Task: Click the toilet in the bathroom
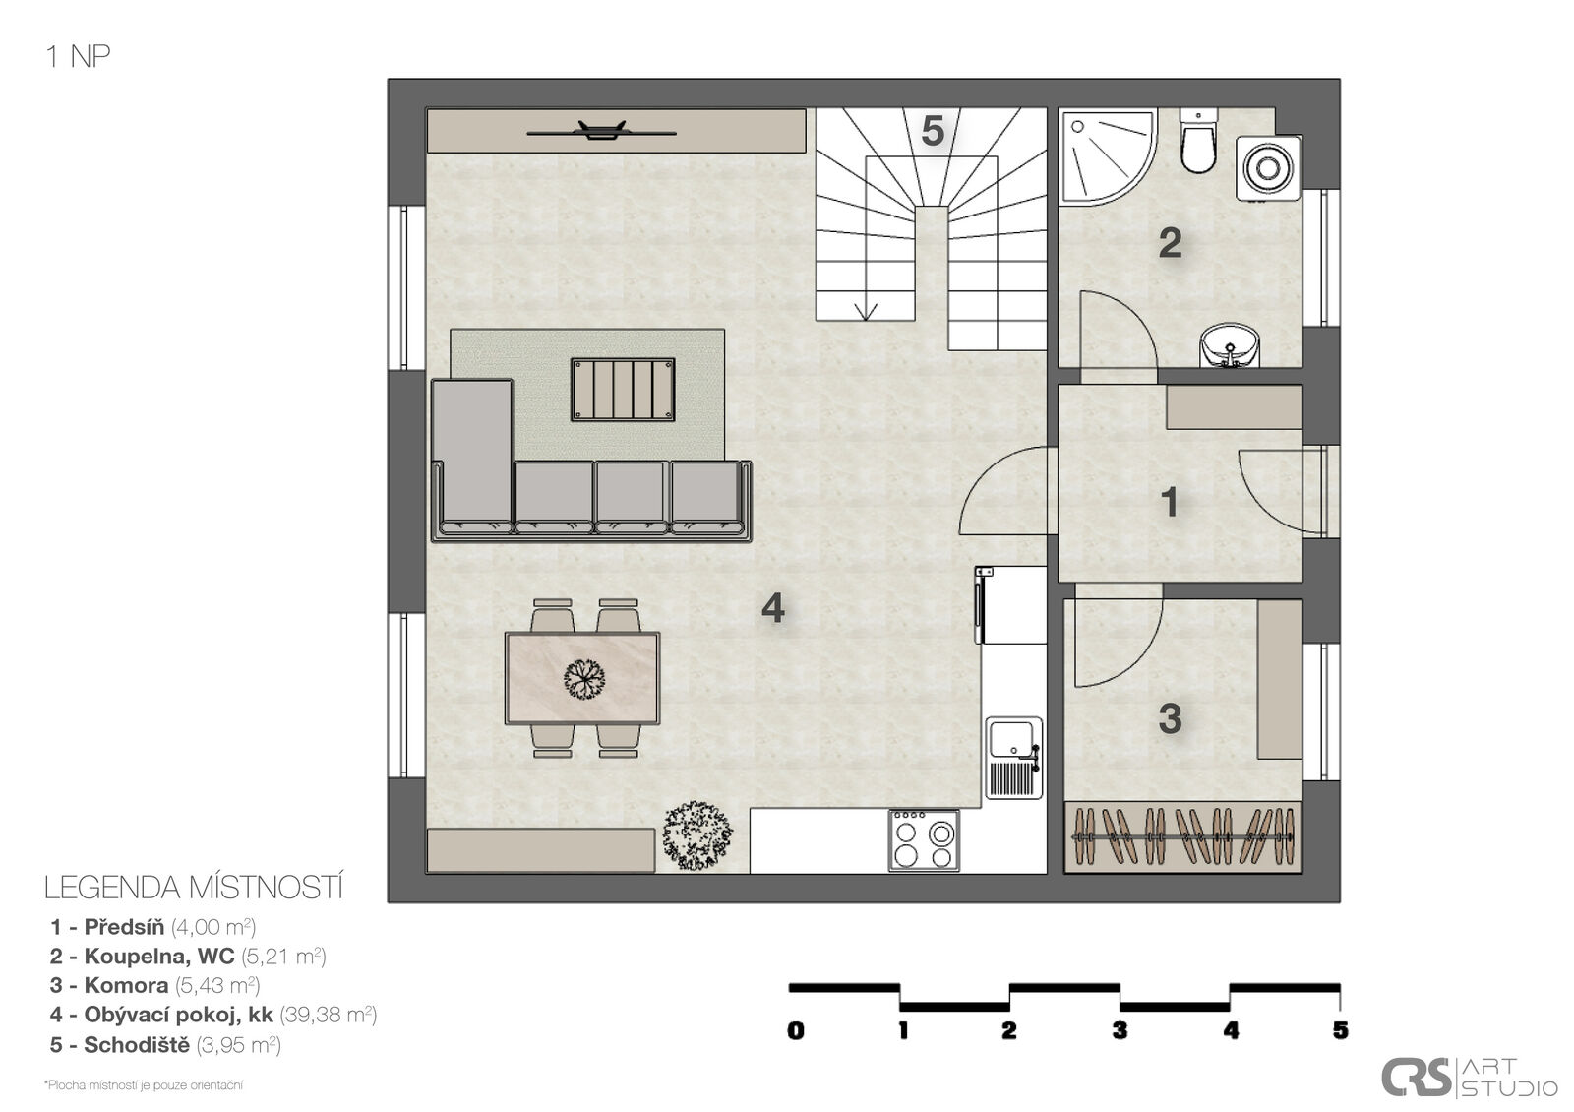point(1197,141)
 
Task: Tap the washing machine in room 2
point(1268,168)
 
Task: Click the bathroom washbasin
point(1230,345)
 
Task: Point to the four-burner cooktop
point(924,840)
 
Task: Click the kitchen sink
point(1013,758)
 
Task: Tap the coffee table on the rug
point(623,390)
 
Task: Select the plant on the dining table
point(584,679)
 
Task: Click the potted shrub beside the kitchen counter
point(697,836)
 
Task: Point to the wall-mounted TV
point(601,131)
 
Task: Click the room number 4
point(773,607)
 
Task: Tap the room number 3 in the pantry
point(1170,718)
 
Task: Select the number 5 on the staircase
point(933,131)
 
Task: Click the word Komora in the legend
point(126,985)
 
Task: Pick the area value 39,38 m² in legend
point(329,1015)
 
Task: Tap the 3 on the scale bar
point(1120,1030)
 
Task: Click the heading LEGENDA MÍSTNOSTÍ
point(193,888)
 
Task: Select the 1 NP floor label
point(78,56)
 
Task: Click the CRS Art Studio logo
point(1470,1078)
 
